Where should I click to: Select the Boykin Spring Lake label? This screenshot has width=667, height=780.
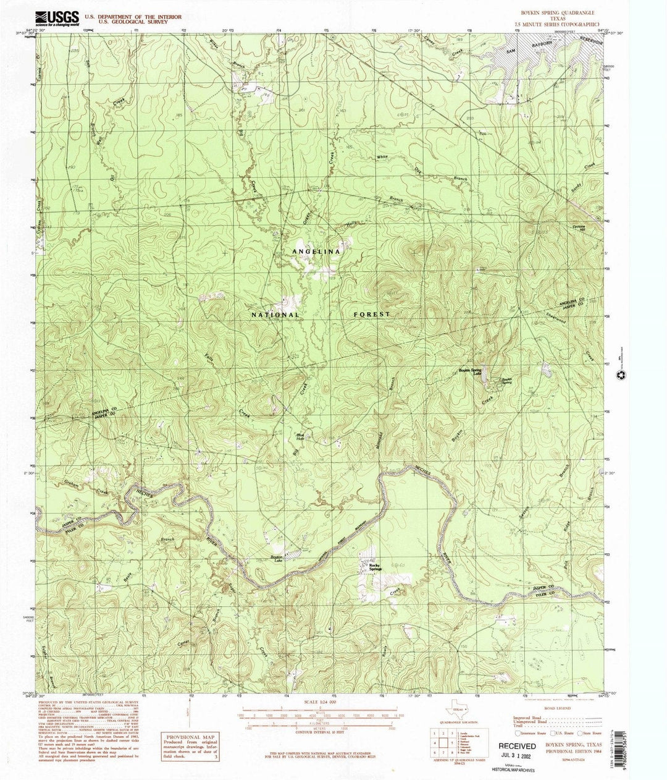(x=469, y=371)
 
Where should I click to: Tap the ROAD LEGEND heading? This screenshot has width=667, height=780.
(x=553, y=711)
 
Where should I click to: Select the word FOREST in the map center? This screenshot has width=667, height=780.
(x=372, y=314)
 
